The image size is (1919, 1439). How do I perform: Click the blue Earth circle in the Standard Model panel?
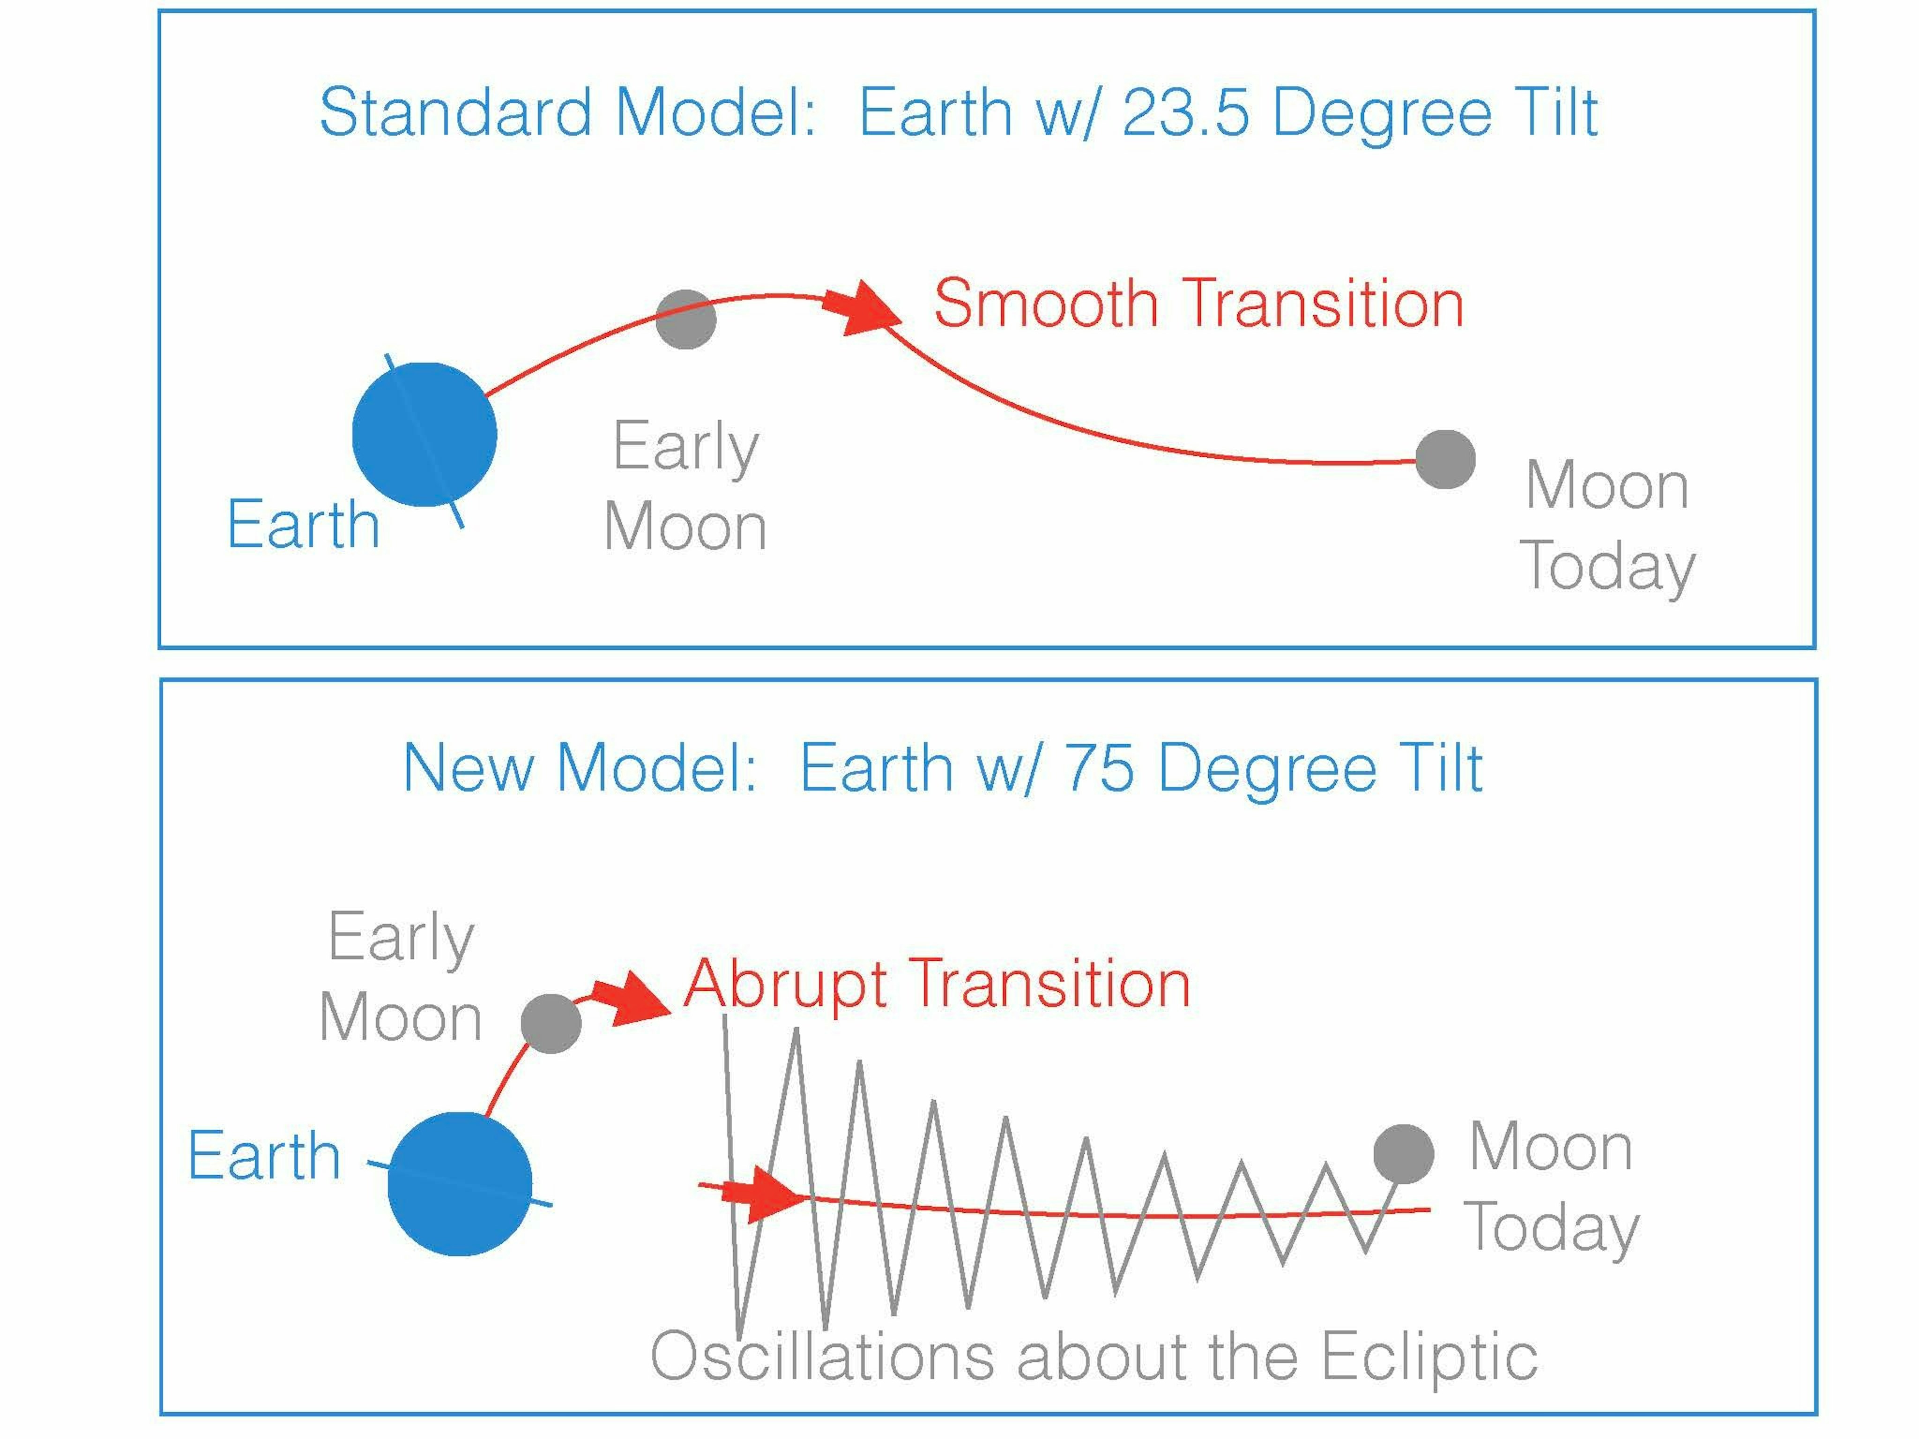[x=424, y=435]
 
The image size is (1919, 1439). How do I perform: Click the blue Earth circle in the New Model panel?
[x=460, y=1184]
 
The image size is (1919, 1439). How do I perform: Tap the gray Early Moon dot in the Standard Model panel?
[x=685, y=319]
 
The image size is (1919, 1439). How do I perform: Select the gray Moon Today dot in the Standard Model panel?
[x=1445, y=459]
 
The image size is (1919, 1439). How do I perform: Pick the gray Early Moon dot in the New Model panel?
[x=551, y=1024]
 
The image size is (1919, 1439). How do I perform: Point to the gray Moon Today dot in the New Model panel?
[x=1404, y=1155]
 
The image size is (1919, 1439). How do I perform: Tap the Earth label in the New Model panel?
[x=264, y=1156]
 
